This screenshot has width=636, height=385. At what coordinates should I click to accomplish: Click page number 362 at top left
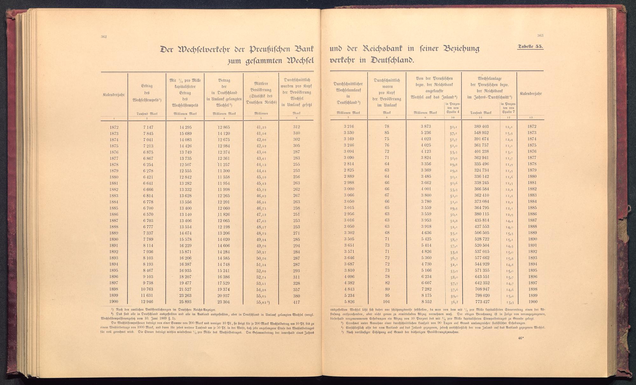pyautogui.click(x=103, y=37)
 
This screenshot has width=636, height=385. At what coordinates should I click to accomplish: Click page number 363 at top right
pyautogui.click(x=540, y=36)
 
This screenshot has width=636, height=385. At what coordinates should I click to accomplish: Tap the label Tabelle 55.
pyautogui.click(x=530, y=47)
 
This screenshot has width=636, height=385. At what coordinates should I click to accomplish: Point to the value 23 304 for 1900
pyautogui.click(x=224, y=302)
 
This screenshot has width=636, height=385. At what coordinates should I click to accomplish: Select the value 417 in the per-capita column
pyautogui.click(x=296, y=302)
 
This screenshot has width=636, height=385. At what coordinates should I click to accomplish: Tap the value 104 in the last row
pyautogui.click(x=387, y=302)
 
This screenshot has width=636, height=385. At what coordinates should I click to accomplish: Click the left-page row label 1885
pyautogui.click(x=114, y=208)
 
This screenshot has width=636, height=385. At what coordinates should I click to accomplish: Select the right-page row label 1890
pyautogui.click(x=532, y=239)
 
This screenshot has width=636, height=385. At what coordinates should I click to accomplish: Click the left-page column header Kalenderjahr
pyautogui.click(x=114, y=95)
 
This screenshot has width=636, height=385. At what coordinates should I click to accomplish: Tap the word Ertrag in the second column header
pyautogui.click(x=147, y=86)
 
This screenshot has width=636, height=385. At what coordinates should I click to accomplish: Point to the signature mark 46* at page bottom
pyautogui.click(x=520, y=338)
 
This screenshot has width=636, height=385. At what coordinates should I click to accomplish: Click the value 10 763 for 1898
pyautogui.click(x=147, y=289)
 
